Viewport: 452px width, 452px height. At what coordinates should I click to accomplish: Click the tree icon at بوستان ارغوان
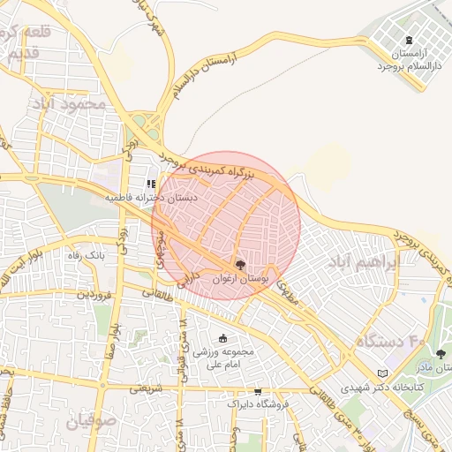pos(240,265)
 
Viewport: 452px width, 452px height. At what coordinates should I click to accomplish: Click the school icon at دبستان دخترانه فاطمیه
pos(151,184)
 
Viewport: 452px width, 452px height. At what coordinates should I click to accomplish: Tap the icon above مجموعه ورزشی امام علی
pos(222,339)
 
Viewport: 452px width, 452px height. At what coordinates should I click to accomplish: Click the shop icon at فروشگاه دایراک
pos(257,391)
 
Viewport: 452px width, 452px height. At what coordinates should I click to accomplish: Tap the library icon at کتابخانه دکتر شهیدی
pos(381,373)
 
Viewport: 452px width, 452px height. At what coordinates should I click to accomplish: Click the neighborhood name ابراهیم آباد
pos(362,263)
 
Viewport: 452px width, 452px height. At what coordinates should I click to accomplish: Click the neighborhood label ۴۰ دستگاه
pos(389,340)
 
